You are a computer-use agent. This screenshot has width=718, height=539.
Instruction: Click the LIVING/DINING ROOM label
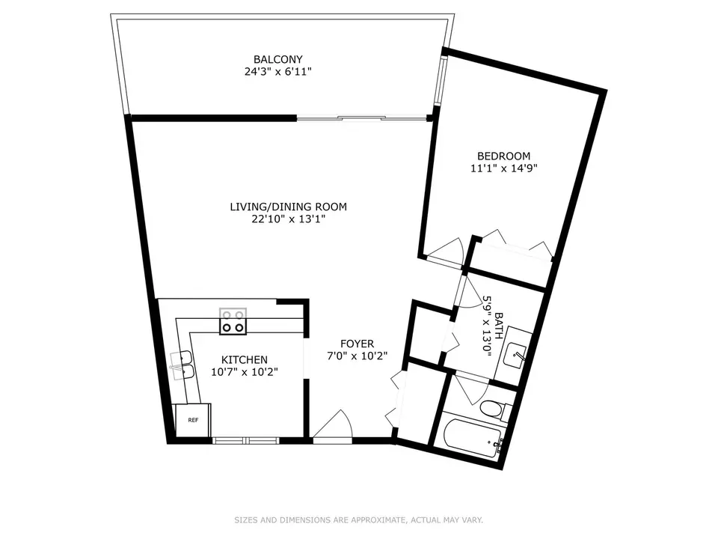coord(288,207)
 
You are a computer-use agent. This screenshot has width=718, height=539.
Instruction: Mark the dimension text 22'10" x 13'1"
coord(288,219)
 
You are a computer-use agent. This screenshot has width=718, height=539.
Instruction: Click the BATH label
coord(499,326)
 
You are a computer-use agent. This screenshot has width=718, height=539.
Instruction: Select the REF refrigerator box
coord(192,421)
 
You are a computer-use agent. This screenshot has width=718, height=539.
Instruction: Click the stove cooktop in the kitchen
coord(233,323)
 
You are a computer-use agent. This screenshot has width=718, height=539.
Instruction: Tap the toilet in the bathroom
coord(494,410)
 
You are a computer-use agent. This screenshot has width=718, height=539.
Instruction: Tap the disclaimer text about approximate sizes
coord(358,520)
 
